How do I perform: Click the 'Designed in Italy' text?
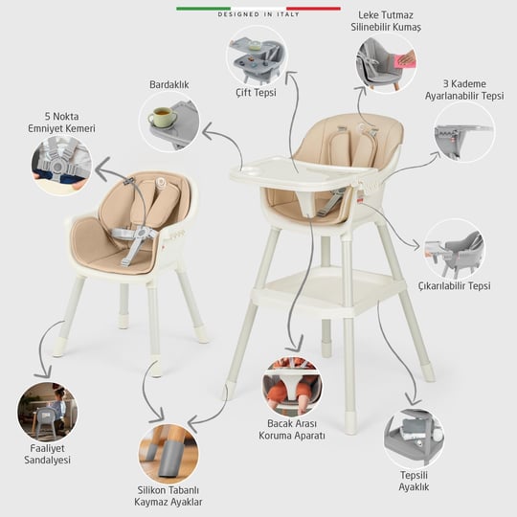coord(258,14)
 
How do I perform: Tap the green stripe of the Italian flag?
coord(203,9)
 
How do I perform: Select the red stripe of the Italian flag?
coord(313,9)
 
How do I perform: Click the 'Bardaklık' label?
coord(169,85)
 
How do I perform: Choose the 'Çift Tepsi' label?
coord(256,93)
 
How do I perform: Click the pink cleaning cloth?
coord(405,61)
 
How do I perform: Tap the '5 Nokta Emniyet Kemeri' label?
coord(61,123)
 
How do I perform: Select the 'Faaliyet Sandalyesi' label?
coord(47,454)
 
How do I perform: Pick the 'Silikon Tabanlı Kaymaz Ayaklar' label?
coord(169,496)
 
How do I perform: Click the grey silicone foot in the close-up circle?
coord(170,459)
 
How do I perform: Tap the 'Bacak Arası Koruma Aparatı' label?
coord(292,429)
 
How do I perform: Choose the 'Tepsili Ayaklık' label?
coord(414,481)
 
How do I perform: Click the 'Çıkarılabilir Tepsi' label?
coord(455,286)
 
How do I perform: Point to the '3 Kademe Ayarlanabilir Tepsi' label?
coord(464,89)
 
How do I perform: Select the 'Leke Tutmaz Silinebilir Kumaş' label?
coord(386,21)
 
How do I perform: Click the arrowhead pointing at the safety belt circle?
coord(102,169)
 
